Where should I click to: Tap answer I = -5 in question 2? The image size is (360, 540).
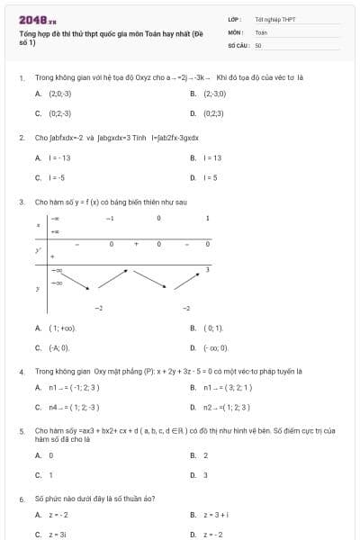(58, 178)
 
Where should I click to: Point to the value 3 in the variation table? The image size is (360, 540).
(208, 269)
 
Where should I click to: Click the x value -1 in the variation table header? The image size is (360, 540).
(111, 218)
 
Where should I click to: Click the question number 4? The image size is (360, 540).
(21, 371)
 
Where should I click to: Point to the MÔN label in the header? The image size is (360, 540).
(236, 31)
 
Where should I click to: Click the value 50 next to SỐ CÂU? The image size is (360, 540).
(258, 44)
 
